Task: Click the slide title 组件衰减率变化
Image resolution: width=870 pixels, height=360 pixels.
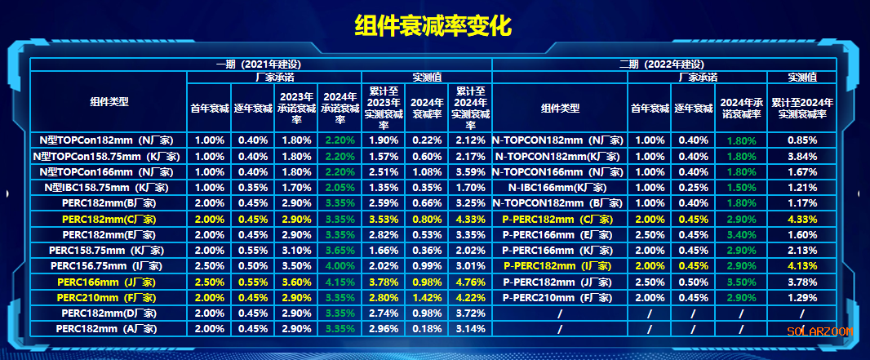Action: [x=433, y=25]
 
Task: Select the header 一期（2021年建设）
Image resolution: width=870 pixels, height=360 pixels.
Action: [x=260, y=64]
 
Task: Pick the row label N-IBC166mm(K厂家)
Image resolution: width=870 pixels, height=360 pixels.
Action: [x=559, y=187]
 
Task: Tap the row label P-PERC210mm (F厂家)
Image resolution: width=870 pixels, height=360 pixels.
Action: [x=559, y=296]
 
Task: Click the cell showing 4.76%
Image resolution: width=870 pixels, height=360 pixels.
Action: [x=471, y=281]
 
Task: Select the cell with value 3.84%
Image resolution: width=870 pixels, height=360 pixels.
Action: [x=803, y=156]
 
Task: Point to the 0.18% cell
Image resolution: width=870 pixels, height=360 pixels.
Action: [x=425, y=328]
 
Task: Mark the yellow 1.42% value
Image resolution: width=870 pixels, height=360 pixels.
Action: [x=425, y=296]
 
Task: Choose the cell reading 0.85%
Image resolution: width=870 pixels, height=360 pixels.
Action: [x=803, y=140]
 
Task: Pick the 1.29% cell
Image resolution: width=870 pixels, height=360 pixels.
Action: [x=803, y=296]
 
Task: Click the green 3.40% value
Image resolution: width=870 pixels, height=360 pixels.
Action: [x=740, y=234]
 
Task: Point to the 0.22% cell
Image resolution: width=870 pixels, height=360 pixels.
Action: [x=425, y=140]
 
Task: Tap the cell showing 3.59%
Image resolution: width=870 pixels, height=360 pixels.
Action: [x=471, y=171]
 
